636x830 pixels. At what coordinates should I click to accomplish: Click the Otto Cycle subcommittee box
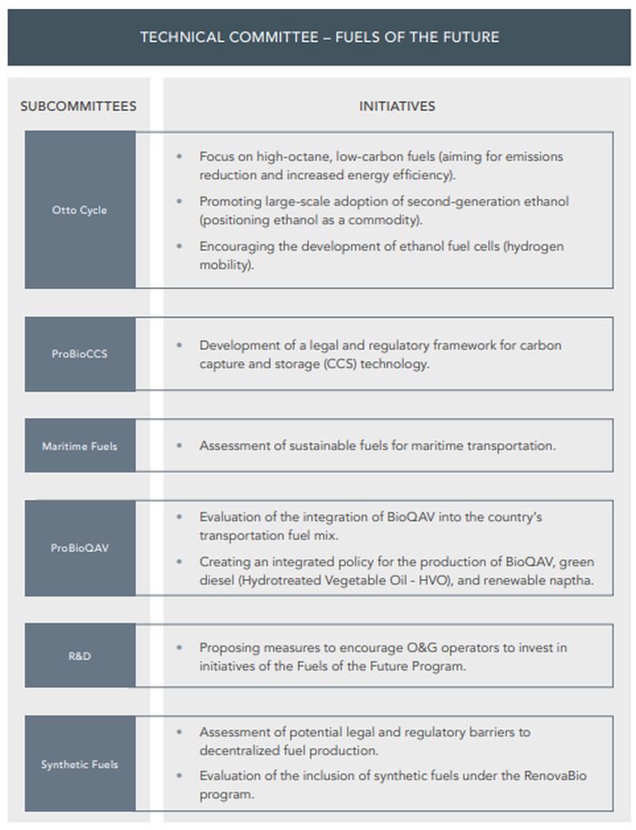point(80,210)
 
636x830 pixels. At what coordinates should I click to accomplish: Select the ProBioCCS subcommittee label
point(80,354)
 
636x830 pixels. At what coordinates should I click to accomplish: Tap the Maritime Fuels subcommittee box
point(80,446)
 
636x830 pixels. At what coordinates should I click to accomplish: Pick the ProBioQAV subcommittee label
point(80,548)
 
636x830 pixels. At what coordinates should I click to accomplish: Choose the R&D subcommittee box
point(80,655)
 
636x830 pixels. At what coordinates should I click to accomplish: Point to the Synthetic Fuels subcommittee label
point(80,765)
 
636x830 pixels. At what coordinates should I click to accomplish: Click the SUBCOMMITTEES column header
point(78,106)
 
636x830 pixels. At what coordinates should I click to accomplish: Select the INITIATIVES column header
point(397,106)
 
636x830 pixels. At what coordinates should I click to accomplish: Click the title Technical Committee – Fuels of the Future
point(319,37)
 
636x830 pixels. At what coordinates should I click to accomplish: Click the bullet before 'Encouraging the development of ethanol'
point(179,246)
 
